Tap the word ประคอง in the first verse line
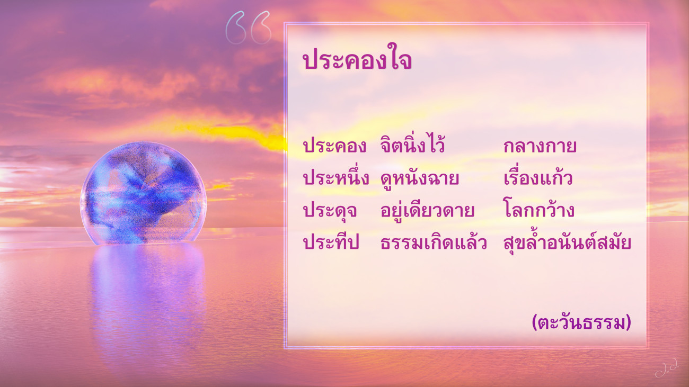[334, 146]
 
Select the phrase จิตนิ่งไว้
[412, 145]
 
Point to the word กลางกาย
[540, 146]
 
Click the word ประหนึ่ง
[336, 177]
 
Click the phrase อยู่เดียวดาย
[427, 210]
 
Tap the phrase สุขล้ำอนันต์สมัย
[568, 242]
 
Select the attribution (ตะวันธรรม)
[581, 322]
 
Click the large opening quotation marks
[248, 28]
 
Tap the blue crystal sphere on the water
[143, 193]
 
